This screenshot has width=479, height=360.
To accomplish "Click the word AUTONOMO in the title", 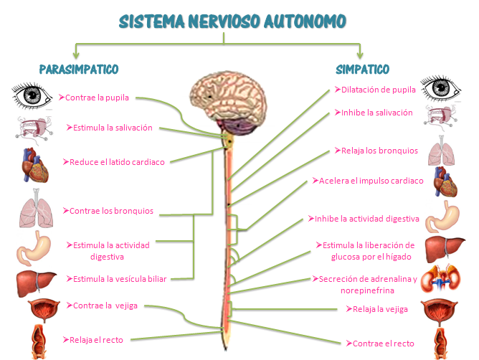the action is [305, 22].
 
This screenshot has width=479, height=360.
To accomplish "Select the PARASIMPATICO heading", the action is [79, 70].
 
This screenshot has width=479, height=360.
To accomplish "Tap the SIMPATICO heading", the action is [363, 70].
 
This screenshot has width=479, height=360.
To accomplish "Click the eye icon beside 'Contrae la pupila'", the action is [32, 95].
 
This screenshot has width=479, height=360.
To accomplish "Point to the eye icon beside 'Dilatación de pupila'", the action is [440, 88].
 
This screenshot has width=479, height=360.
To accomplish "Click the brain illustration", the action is [229, 103].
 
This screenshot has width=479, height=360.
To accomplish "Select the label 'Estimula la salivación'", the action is [110, 128].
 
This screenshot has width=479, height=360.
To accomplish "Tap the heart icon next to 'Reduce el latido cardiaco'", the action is [35, 166].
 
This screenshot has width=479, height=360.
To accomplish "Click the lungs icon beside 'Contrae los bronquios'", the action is [37, 209].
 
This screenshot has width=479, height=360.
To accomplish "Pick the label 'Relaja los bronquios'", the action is [376, 151].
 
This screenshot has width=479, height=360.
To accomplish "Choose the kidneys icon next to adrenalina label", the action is [440, 279].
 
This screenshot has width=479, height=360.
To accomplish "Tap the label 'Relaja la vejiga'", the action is [376, 309].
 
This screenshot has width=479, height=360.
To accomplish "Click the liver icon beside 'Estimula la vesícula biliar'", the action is [36, 284].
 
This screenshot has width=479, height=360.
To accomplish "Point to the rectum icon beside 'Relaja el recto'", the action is [39, 342].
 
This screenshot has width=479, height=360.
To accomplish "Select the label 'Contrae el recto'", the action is [380, 344].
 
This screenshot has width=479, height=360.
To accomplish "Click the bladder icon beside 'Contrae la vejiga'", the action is [44, 310].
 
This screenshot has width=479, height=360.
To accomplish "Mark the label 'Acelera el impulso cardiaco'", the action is [368, 181].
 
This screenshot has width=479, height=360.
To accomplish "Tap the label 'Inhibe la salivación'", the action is [374, 113].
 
